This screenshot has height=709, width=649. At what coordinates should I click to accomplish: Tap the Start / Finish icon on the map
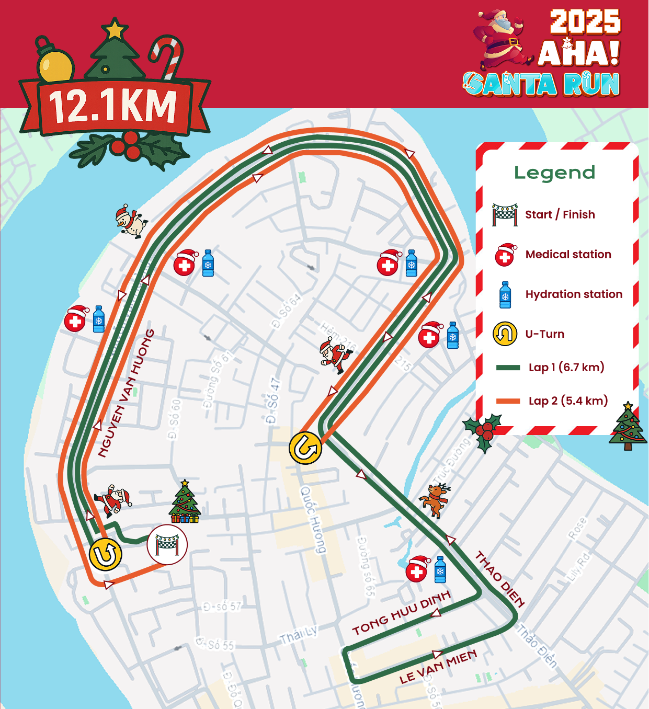(x=167, y=545)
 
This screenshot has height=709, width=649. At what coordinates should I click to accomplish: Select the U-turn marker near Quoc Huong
(x=305, y=448)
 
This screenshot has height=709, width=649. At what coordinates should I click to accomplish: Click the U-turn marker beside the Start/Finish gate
(x=106, y=554)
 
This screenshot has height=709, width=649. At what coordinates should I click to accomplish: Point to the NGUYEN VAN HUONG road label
(x=126, y=393)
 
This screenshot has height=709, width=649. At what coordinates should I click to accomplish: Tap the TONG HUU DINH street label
(x=401, y=613)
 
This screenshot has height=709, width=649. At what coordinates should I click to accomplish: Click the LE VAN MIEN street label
(x=438, y=667)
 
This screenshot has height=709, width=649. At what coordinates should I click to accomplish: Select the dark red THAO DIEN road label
(x=499, y=579)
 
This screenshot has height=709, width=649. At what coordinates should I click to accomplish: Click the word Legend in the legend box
(x=554, y=173)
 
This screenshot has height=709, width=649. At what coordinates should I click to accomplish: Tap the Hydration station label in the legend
(x=574, y=294)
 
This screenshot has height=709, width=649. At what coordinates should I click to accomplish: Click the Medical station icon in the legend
(x=506, y=255)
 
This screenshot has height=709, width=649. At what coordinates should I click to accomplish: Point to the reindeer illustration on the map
(x=435, y=500)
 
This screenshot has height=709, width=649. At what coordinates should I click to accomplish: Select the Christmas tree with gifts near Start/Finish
(x=185, y=502)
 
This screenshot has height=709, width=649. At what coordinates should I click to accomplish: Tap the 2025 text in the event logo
(x=585, y=22)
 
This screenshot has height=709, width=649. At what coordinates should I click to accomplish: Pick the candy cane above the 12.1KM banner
(x=167, y=55)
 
